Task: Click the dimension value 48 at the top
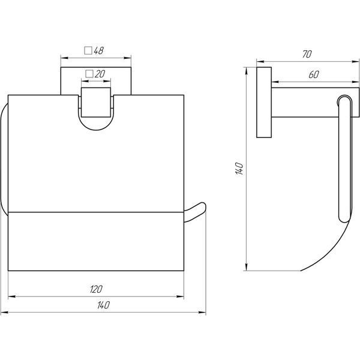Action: [x=99, y=50]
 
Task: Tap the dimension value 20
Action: [x=100, y=74]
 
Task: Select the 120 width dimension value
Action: [x=96, y=289]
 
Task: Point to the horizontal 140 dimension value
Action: [x=103, y=305]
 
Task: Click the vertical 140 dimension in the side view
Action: [x=239, y=168]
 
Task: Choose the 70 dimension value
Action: [x=307, y=54]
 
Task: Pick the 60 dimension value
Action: [x=314, y=74]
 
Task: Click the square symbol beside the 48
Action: [x=88, y=50]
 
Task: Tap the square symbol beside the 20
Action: [x=89, y=74]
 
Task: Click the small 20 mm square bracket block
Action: [x=96, y=103]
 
